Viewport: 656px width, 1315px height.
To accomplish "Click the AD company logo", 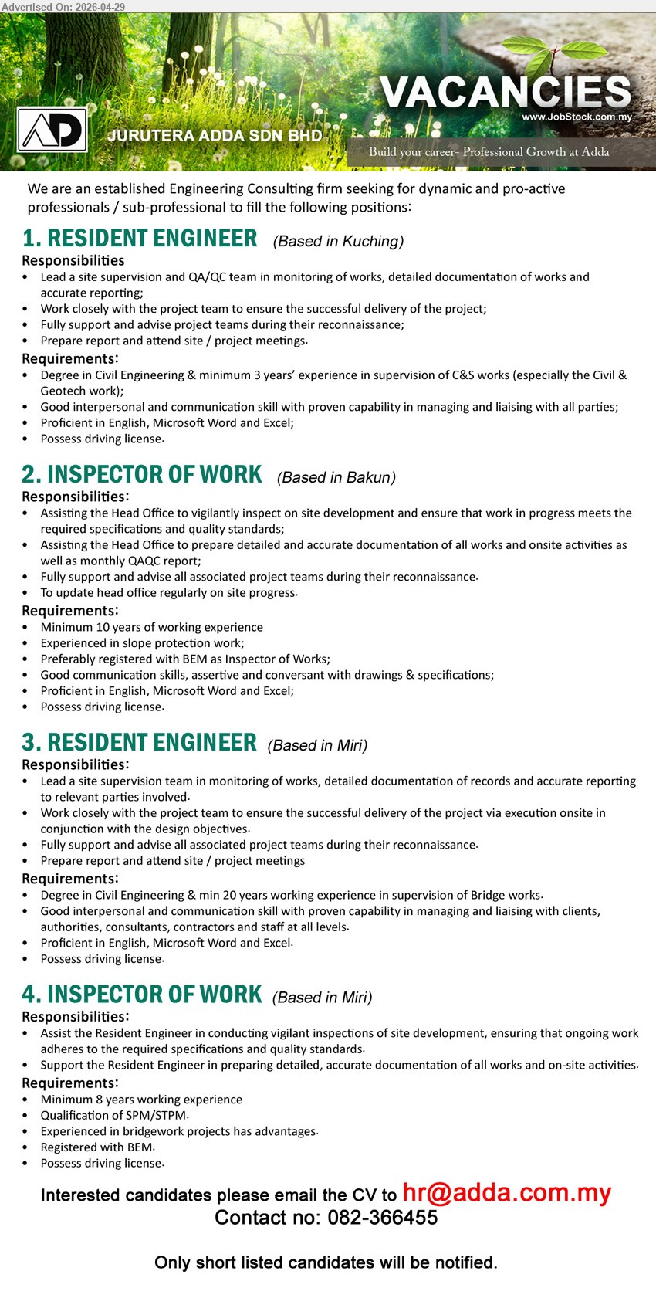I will coord(52,130).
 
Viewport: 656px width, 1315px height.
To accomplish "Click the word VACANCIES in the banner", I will coord(506,93).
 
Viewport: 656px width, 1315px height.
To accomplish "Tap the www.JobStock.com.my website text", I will coord(577,117).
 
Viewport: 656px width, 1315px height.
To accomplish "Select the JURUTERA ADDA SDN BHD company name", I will coord(215,136).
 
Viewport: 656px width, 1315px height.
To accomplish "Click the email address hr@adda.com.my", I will coord(507,1193).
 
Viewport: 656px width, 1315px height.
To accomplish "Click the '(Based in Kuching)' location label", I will coord(338,241).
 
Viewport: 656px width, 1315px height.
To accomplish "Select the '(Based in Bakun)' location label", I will coord(336,477).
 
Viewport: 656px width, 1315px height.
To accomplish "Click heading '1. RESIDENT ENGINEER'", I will coord(140,239).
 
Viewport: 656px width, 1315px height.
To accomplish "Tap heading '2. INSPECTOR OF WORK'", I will coord(142,474).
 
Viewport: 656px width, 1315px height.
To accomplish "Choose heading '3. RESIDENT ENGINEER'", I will coord(139,742).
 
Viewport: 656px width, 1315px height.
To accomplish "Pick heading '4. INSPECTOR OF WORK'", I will coord(142,995).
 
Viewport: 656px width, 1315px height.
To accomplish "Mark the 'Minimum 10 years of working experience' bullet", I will coord(151,627).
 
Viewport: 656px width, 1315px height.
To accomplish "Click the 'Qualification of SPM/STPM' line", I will coord(114,1115).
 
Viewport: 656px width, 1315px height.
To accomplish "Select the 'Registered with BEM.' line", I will coord(97,1147).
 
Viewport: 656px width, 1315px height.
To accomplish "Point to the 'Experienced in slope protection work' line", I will coord(142,643).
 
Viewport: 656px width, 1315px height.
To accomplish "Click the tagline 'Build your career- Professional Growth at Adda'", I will coord(489,152).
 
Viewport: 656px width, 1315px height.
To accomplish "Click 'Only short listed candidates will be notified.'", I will coord(326,1262).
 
